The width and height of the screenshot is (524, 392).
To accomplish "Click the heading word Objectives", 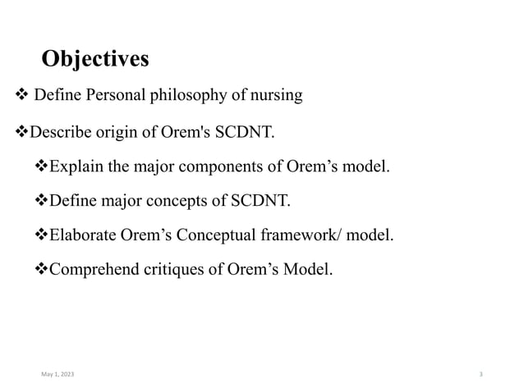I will point(95,59).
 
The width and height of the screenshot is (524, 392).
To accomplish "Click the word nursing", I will point(274,96).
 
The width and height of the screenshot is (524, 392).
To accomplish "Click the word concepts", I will point(183,202).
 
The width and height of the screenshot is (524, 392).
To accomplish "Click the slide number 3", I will point(480,374).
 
